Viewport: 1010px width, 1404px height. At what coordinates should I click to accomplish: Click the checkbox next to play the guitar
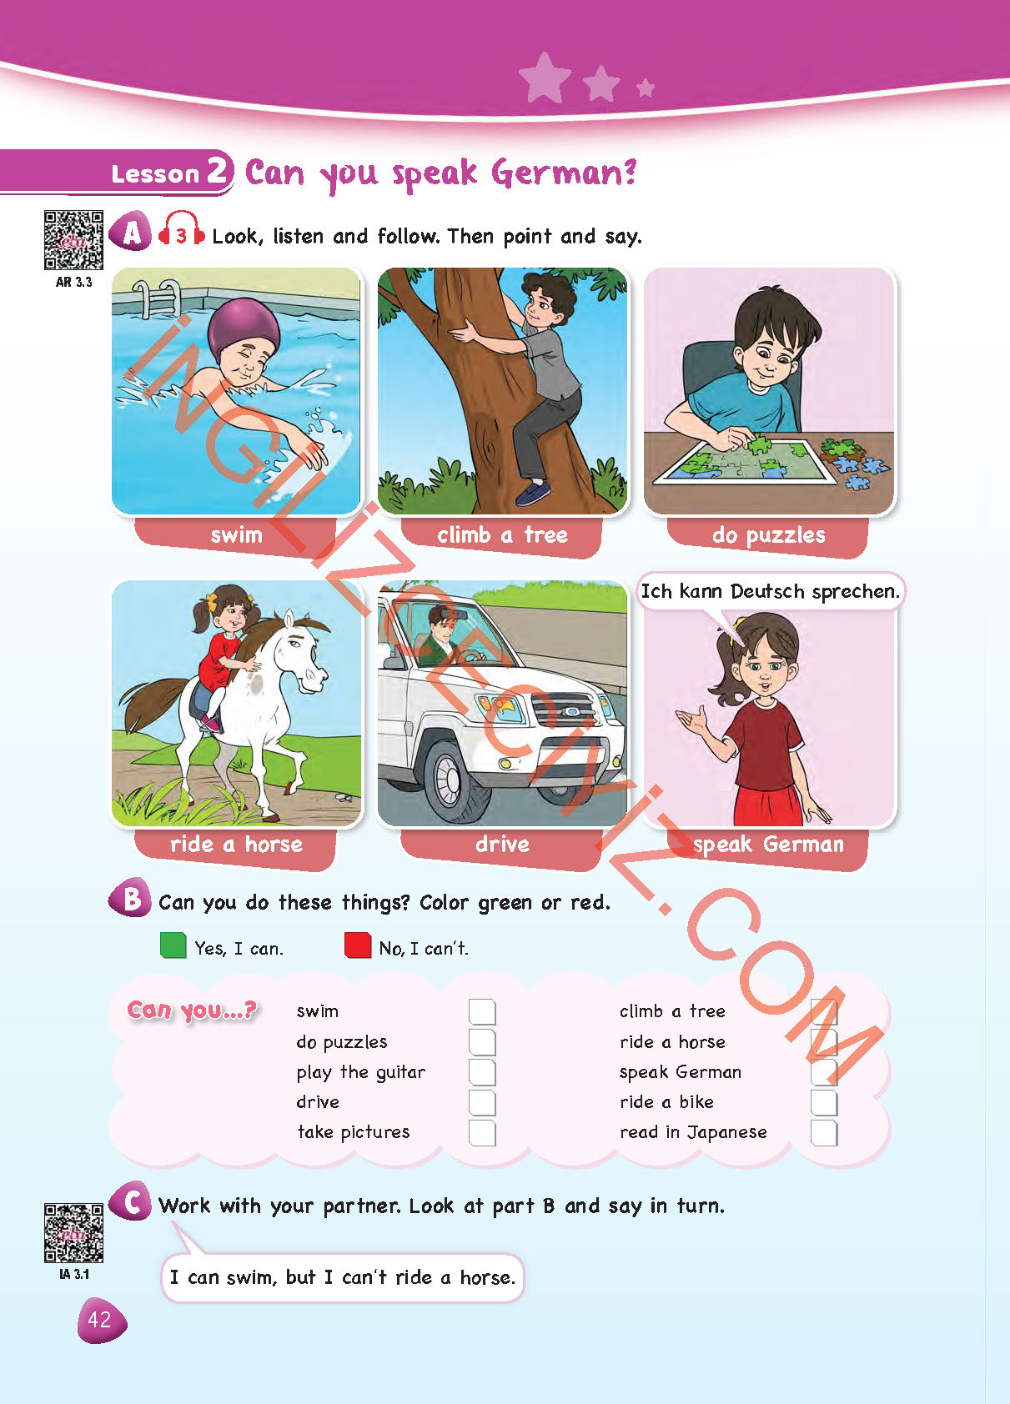[x=482, y=1072]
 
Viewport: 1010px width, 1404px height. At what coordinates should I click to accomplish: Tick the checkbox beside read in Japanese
[x=824, y=1132]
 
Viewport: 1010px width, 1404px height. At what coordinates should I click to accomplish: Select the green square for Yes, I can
[x=173, y=945]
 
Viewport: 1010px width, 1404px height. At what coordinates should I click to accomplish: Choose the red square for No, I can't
[x=358, y=945]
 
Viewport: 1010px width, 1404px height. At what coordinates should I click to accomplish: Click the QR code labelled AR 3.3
[x=73, y=240]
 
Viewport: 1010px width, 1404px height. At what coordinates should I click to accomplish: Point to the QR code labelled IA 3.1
[x=73, y=1233]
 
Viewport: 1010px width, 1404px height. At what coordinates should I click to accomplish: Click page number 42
[x=100, y=1320]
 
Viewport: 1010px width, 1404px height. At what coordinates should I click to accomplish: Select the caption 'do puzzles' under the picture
[x=768, y=535]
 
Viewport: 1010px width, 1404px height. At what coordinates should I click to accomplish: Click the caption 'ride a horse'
[x=236, y=845]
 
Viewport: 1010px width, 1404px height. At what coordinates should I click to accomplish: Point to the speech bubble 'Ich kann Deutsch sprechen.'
[x=770, y=591]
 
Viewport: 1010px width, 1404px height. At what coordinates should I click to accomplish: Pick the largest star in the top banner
[x=545, y=78]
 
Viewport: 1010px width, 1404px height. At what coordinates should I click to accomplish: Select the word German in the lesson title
[x=564, y=173]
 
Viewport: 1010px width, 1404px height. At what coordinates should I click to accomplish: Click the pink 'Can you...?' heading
[x=192, y=1010]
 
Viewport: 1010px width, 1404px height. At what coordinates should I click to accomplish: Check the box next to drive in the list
[x=482, y=1102]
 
